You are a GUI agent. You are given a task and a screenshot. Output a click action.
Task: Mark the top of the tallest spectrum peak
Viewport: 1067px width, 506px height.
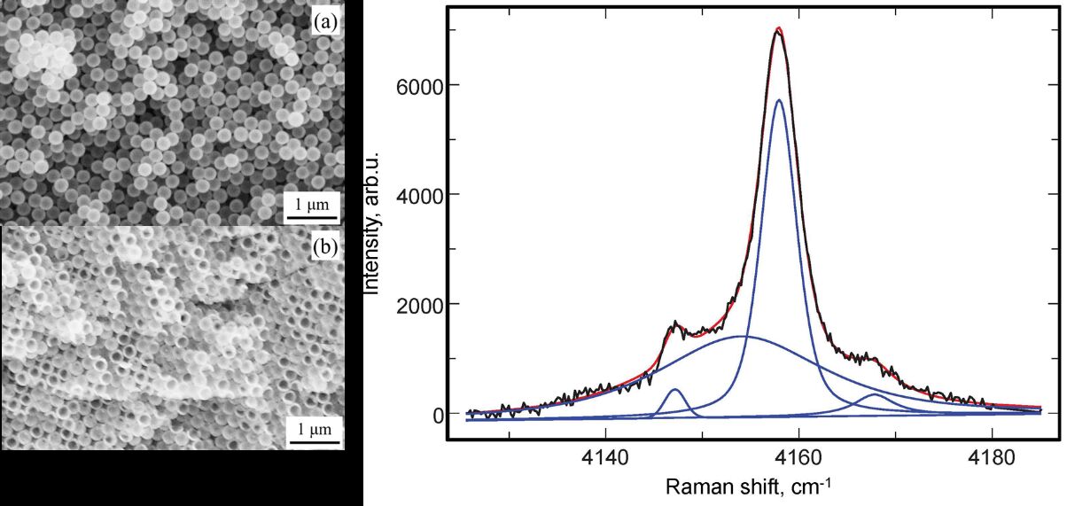click(778, 30)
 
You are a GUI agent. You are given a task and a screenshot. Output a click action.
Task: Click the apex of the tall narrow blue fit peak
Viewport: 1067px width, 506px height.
click(778, 100)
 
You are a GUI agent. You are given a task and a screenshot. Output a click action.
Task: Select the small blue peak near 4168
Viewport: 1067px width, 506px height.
click(876, 394)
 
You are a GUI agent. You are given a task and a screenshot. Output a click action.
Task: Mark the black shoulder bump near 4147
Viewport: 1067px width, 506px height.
click(677, 324)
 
